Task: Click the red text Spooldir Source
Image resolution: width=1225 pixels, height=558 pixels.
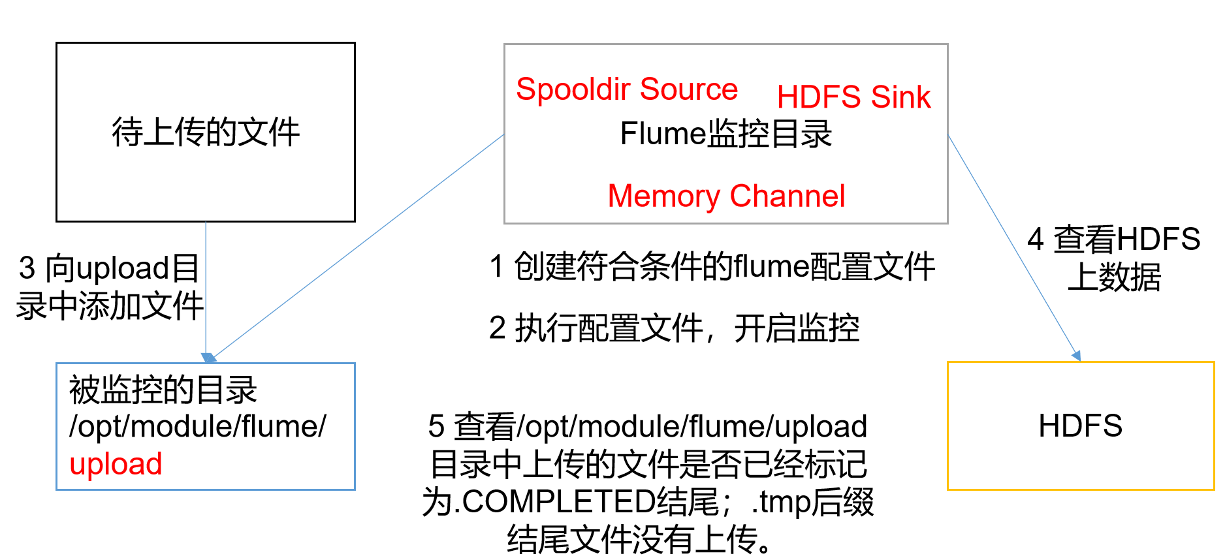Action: [626, 89]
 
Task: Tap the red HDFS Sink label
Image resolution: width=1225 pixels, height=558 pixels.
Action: [853, 97]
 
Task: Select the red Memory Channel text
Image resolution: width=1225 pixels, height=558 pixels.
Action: [725, 196]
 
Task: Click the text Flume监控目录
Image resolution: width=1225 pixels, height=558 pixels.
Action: [725, 134]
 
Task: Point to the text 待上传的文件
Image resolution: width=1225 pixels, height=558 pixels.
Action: [205, 132]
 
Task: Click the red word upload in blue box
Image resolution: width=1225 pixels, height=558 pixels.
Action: [116, 464]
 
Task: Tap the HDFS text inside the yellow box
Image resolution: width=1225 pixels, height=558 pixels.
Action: [1080, 426]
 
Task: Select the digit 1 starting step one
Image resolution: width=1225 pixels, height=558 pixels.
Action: [496, 267]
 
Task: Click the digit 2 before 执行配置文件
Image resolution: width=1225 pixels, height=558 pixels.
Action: [497, 328]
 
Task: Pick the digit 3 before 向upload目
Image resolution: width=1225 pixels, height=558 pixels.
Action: [27, 268]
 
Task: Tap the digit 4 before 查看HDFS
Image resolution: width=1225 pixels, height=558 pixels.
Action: [1035, 240]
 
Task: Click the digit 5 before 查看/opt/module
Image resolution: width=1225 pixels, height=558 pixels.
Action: [436, 427]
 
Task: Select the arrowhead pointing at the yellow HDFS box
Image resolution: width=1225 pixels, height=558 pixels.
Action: [1075, 355]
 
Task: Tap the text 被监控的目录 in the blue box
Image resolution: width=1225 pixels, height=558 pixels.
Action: [163, 390]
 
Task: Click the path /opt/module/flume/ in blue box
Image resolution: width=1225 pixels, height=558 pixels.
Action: [197, 427]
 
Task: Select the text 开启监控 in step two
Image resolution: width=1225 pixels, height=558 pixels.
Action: [796, 328]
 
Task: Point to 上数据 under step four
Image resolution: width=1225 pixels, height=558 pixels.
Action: [1114, 277]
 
